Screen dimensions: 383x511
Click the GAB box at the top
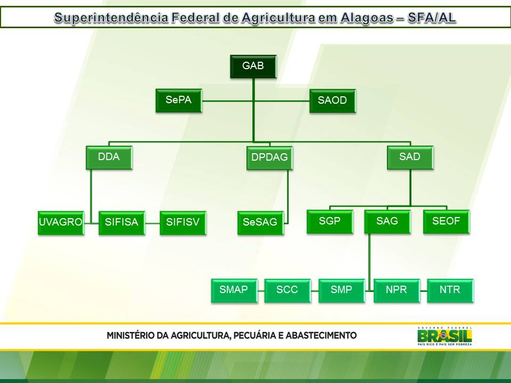[x=253, y=66]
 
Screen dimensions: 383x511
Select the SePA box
[x=179, y=101]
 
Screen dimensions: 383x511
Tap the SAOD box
[x=332, y=101]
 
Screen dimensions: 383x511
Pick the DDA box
[x=109, y=157]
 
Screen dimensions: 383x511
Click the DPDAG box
[x=269, y=158]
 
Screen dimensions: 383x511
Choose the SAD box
[x=410, y=157]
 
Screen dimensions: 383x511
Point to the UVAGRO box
[x=61, y=222]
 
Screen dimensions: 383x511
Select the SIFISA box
[x=121, y=222]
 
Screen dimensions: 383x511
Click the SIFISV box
[x=183, y=222]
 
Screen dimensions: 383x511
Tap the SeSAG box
[x=260, y=222]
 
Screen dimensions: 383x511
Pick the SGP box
[x=329, y=221]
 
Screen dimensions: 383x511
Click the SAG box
[x=387, y=221]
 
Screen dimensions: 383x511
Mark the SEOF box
[x=446, y=221]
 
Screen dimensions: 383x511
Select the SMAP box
[x=234, y=290]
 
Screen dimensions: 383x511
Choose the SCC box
[x=287, y=290]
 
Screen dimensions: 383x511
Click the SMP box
[x=341, y=290]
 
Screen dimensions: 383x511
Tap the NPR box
[x=397, y=290]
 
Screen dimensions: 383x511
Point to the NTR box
[x=450, y=290]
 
